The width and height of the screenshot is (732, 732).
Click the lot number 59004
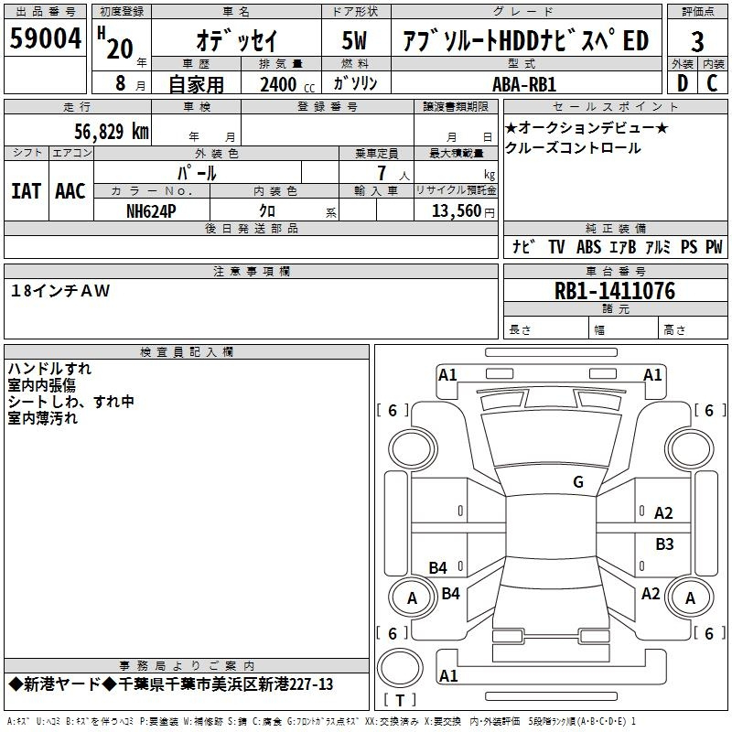[45, 38]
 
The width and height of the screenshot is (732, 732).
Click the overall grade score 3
[697, 41]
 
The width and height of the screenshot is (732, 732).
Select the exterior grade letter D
[683, 83]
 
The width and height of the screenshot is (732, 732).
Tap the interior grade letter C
[712, 83]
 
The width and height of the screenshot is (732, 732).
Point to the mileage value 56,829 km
[112, 132]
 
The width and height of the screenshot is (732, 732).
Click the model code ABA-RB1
[524, 84]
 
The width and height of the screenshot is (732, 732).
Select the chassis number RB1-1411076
[614, 291]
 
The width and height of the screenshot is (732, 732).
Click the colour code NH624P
[151, 211]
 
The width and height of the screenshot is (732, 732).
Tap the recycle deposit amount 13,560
[457, 211]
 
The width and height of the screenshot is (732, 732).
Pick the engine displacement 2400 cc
[287, 85]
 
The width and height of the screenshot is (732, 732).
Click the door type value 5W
[354, 40]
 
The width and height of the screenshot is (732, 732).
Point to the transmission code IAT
[27, 191]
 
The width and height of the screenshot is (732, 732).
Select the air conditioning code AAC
[70, 191]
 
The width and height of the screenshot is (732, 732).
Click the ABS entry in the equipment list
[588, 247]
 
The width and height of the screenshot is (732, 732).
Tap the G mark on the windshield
[578, 482]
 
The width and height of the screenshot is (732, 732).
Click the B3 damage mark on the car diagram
[665, 544]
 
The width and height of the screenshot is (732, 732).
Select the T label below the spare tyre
[400, 700]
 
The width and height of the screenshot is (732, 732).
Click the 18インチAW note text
[59, 291]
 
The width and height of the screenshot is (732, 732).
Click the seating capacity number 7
[382, 173]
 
